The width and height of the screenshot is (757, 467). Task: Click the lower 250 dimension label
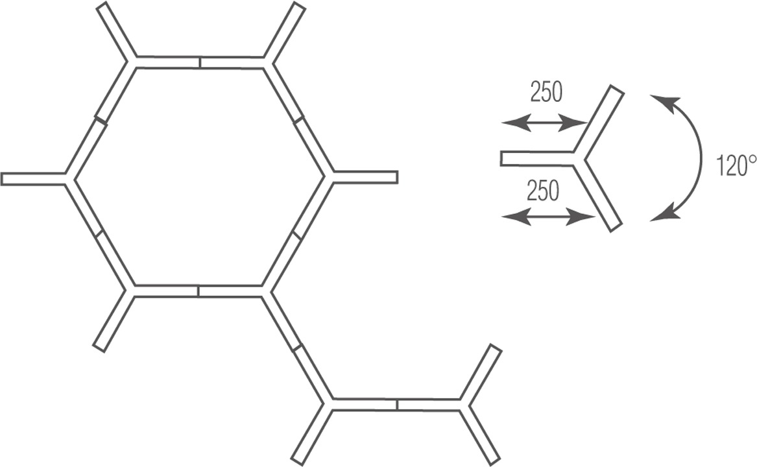pos(543,190)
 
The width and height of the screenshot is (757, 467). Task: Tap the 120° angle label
pos(736,165)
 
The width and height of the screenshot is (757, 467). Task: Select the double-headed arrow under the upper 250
pos(544,123)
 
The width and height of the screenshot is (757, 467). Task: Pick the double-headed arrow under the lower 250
pos(548,217)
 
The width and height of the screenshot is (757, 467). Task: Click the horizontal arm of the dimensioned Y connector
pos(537,159)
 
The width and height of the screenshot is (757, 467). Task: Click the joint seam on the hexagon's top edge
pos(200,62)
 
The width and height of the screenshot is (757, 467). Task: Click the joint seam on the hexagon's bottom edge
pos(198,291)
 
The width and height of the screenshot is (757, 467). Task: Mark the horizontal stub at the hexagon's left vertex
pos(33,179)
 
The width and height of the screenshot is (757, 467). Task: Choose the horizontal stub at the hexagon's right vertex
pos(365,177)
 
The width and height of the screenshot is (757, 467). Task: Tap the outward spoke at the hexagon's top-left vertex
pos(116,32)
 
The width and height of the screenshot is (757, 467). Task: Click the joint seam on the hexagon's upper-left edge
pos(101,120)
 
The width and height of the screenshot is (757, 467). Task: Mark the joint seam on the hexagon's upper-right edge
pos(298,120)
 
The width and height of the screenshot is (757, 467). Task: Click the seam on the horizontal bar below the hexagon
pos(397,405)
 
